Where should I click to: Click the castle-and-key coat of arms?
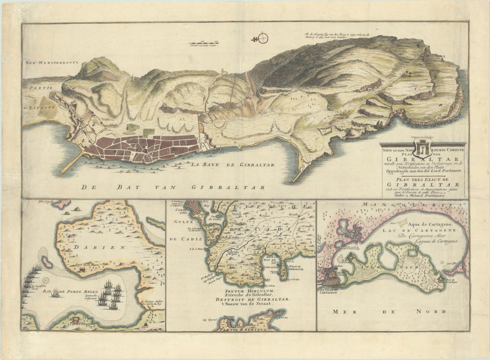[421, 147]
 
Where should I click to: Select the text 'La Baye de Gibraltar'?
[233, 165]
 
